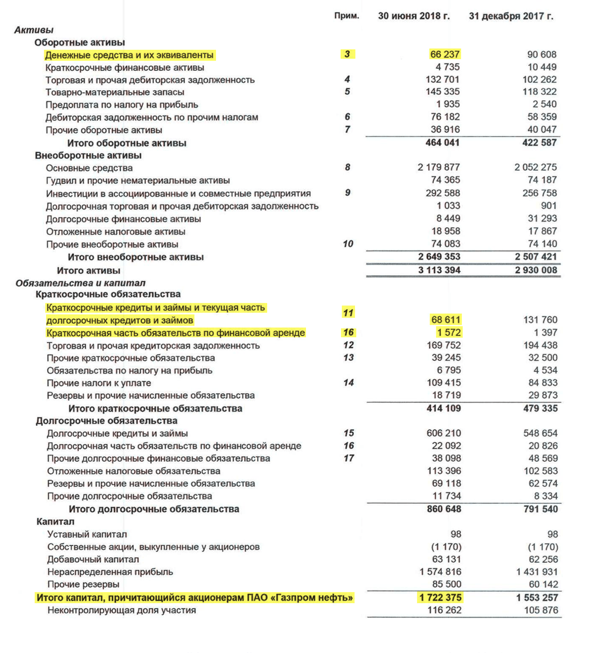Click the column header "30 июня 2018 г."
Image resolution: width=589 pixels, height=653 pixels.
point(414,16)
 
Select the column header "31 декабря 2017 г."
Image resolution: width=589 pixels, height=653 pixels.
point(511,16)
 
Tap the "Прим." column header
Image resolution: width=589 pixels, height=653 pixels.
point(346,16)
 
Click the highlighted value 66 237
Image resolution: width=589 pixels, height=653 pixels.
point(445,54)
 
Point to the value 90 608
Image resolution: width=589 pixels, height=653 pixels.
point(541,54)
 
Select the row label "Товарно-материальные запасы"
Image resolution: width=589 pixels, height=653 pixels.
point(115,92)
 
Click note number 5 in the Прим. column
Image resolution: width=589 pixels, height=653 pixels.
point(347,92)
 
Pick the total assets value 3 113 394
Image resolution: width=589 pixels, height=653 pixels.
point(439,270)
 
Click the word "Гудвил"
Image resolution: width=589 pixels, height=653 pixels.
point(60,180)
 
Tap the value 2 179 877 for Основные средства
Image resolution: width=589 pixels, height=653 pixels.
point(438,168)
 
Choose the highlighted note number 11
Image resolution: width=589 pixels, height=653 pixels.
point(348,313)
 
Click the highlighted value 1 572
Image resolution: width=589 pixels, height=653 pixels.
point(449,333)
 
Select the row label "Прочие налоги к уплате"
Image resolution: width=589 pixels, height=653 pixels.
point(99,383)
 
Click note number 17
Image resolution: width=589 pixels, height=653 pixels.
point(349,458)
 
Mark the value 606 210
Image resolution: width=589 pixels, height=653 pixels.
point(444,433)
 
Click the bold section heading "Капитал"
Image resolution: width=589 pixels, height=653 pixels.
point(55,522)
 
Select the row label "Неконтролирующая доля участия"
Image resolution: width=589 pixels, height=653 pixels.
point(121,610)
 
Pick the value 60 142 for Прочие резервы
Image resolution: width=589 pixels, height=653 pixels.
point(543,584)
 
